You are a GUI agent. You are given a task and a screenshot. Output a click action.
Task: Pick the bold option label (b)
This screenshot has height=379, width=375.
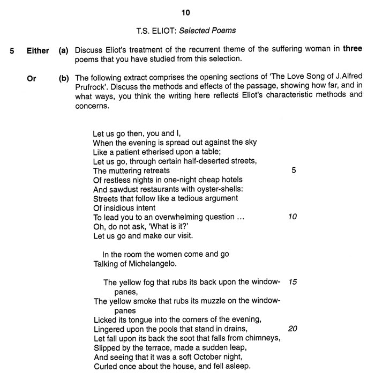click(63, 78)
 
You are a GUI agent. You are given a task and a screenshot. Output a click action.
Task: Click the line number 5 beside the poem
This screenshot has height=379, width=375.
click(294, 170)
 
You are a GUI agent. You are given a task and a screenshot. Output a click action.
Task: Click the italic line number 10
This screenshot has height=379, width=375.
click(292, 217)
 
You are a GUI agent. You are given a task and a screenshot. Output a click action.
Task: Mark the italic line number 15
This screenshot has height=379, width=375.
click(292, 282)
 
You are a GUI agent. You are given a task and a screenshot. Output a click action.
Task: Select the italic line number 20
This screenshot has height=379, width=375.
click(292, 329)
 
